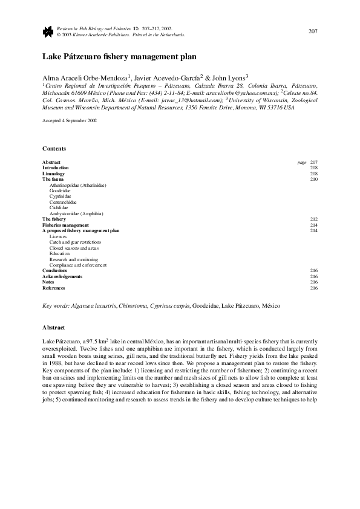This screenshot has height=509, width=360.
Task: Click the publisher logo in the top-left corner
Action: pyautogui.click(x=47, y=31)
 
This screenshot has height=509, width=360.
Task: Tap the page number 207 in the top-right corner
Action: pyautogui.click(x=313, y=31)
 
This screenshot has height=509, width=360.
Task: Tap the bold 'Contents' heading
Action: pyautogui.click(x=54, y=149)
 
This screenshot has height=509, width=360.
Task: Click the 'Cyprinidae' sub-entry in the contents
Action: pyautogui.click(x=60, y=196)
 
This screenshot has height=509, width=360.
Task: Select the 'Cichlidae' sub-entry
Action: pyautogui.click(x=59, y=207)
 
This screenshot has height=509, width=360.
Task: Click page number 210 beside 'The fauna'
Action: pyautogui.click(x=313, y=180)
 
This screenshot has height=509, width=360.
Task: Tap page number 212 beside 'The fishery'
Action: pyautogui.click(x=313, y=219)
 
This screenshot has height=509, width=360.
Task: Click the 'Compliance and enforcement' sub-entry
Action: pyautogui.click(x=78, y=265)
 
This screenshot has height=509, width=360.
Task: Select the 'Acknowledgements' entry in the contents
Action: pyautogui.click(x=62, y=276)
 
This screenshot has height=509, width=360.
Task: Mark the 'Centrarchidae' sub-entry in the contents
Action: pyautogui.click(x=64, y=202)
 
